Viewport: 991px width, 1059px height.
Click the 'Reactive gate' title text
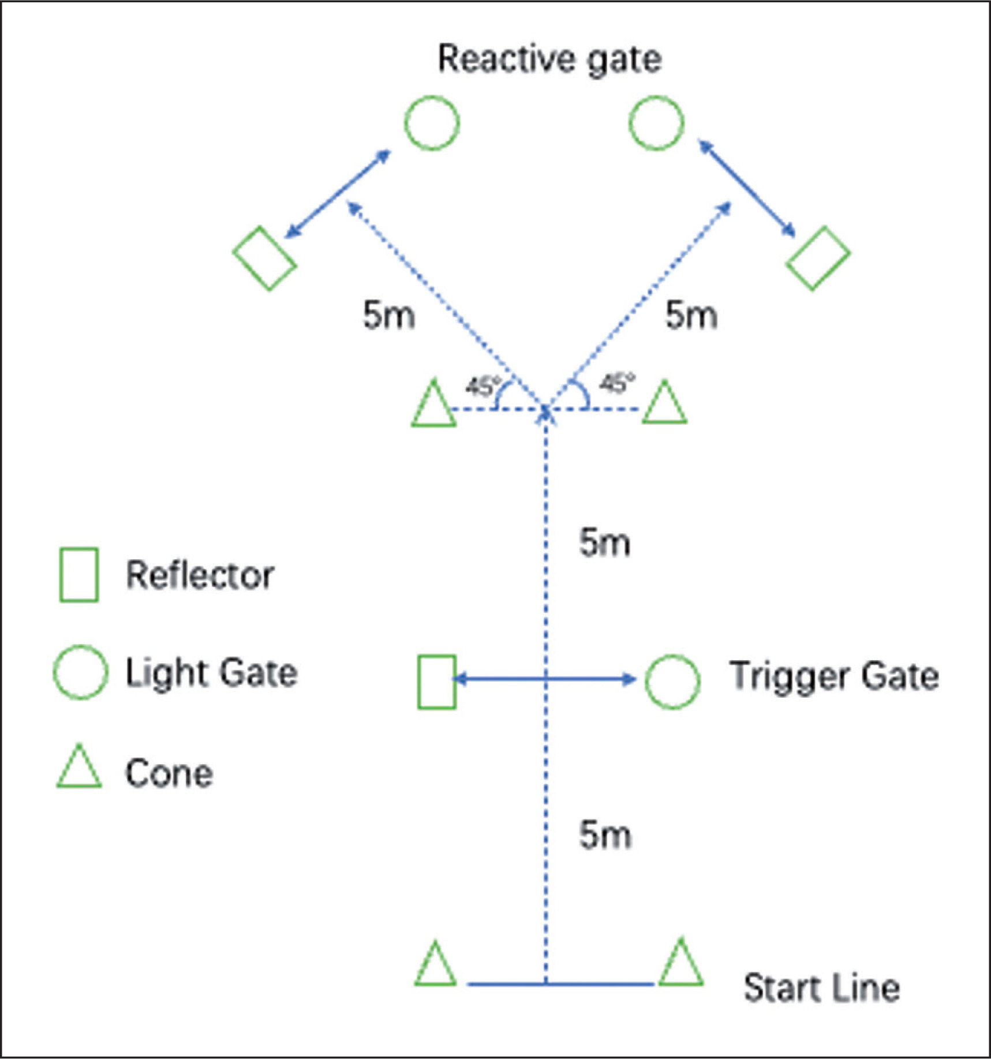coord(549,59)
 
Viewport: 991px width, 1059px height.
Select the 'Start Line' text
coord(821,987)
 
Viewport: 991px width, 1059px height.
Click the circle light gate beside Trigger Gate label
coord(672,681)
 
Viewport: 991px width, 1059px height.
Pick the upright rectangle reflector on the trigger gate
coord(437,682)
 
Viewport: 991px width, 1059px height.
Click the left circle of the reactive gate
coord(432,123)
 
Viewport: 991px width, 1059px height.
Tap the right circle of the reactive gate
coord(656,123)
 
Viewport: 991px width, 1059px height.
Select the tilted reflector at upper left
coord(264,258)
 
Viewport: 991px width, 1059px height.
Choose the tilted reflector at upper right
coord(818,258)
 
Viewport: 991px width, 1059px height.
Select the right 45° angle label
coord(616,383)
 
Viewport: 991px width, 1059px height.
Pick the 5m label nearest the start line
coord(604,835)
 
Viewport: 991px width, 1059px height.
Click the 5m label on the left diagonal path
coord(388,316)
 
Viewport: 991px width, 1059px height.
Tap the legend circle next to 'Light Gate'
coord(80,672)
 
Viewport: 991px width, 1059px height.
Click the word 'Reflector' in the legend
coord(200,575)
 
